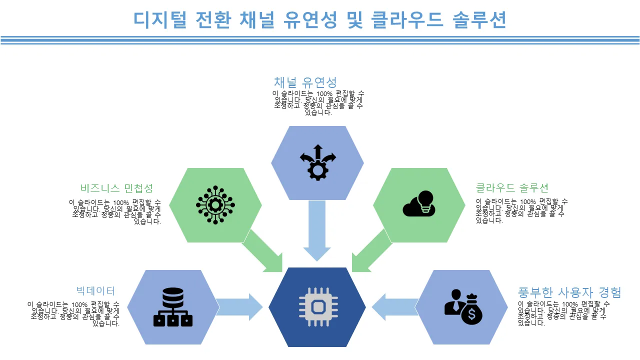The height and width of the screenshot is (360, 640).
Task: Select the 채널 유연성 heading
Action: [x=305, y=82]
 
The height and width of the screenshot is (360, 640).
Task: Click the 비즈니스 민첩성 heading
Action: [x=116, y=188]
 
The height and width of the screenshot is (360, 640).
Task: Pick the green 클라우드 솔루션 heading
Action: [x=512, y=188]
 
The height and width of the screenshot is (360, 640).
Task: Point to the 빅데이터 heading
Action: [x=95, y=290]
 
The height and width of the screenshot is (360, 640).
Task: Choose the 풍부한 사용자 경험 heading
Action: [x=569, y=292]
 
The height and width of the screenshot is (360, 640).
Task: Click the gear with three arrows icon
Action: [x=317, y=162]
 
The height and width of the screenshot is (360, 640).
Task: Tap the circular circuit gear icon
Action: [x=215, y=204]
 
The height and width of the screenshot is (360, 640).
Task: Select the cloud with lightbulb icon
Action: [x=419, y=203]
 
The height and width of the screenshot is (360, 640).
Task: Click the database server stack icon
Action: [x=173, y=307]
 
